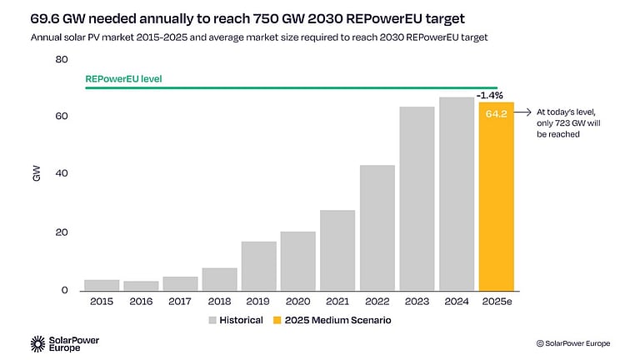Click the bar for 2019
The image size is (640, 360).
[259, 266]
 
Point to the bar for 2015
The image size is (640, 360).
[102, 285]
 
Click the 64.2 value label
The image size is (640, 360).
[496, 113]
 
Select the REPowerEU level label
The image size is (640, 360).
[123, 79]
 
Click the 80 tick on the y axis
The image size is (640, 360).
[62, 59]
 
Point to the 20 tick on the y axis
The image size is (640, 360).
[62, 232]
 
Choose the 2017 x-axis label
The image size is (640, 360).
[180, 301]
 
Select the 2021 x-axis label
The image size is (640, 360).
[337, 301]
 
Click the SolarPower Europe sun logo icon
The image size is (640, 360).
[38, 342]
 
